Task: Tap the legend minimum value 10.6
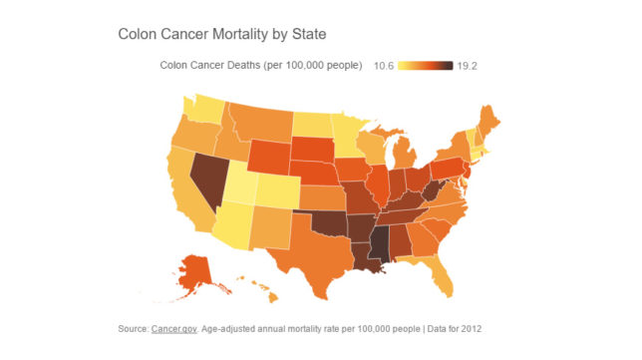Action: pos(384,67)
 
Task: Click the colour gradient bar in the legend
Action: pos(426,67)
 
